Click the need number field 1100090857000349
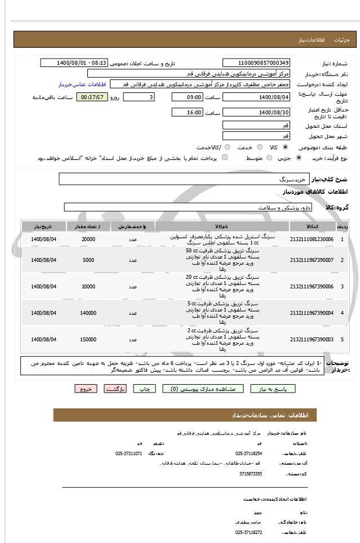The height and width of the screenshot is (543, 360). pyautogui.click(x=256, y=63)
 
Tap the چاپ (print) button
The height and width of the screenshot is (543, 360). pyautogui.click(x=145, y=389)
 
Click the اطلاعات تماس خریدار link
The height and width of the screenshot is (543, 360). pyautogui.click(x=82, y=84)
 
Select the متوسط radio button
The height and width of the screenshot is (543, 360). pyautogui.click(x=269, y=158)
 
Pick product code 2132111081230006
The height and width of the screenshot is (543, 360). pyautogui.click(x=312, y=239)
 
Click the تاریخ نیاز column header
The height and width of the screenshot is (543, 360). pyautogui.click(x=44, y=226)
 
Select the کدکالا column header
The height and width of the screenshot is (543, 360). pyautogui.click(x=312, y=226)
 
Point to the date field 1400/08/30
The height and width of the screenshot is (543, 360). pyautogui.click(x=256, y=113)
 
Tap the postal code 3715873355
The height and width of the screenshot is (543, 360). pyautogui.click(x=250, y=474)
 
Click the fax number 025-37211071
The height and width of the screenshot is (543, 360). pyautogui.click(x=129, y=453)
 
